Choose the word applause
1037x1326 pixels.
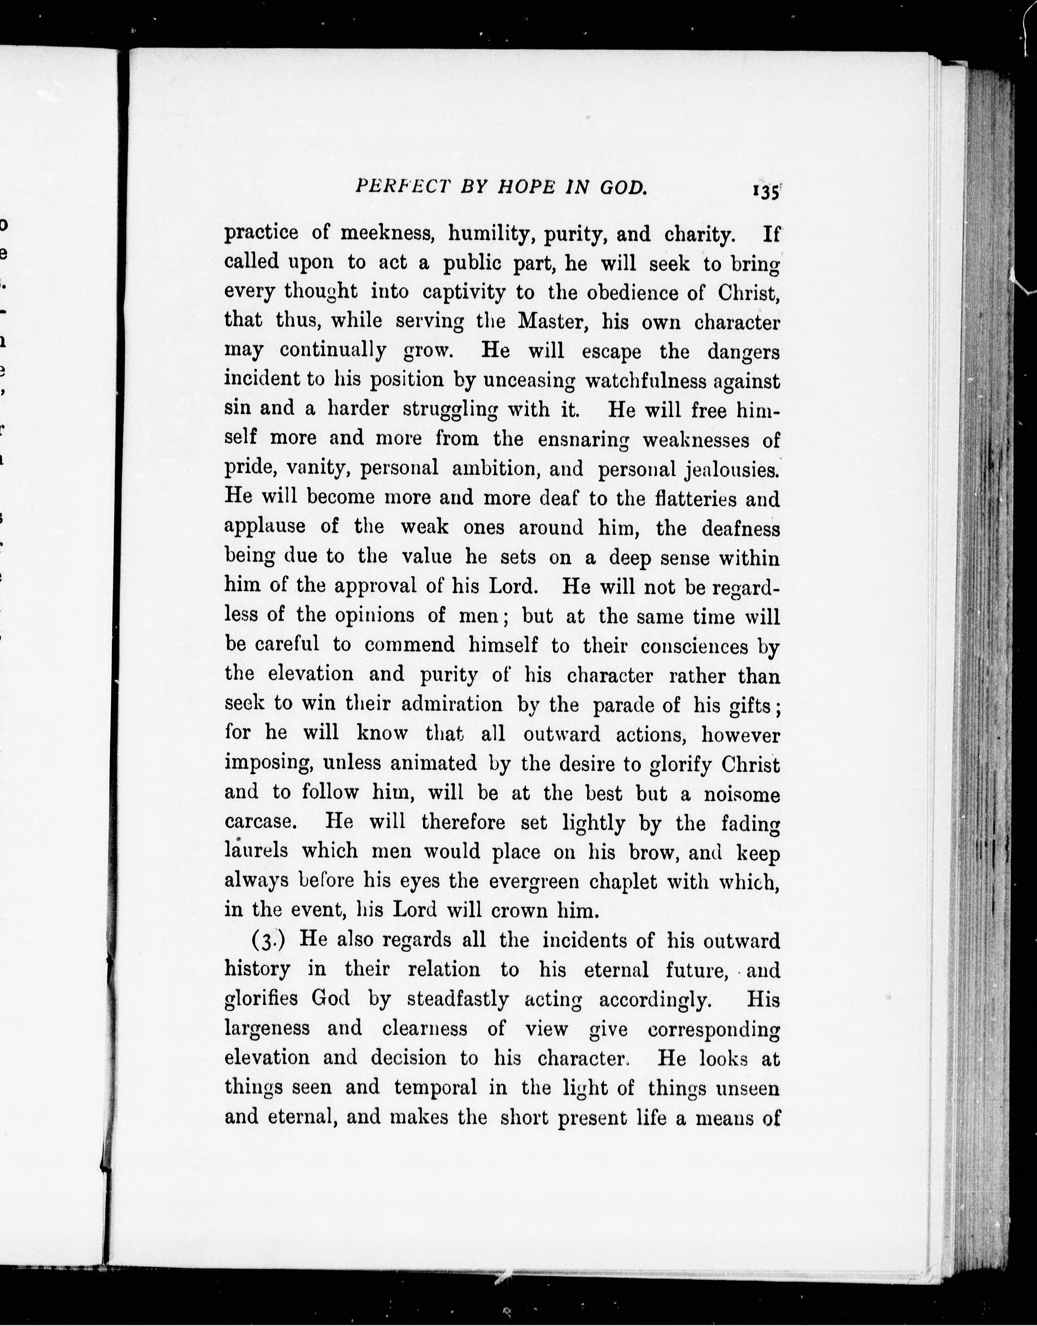(265, 527)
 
